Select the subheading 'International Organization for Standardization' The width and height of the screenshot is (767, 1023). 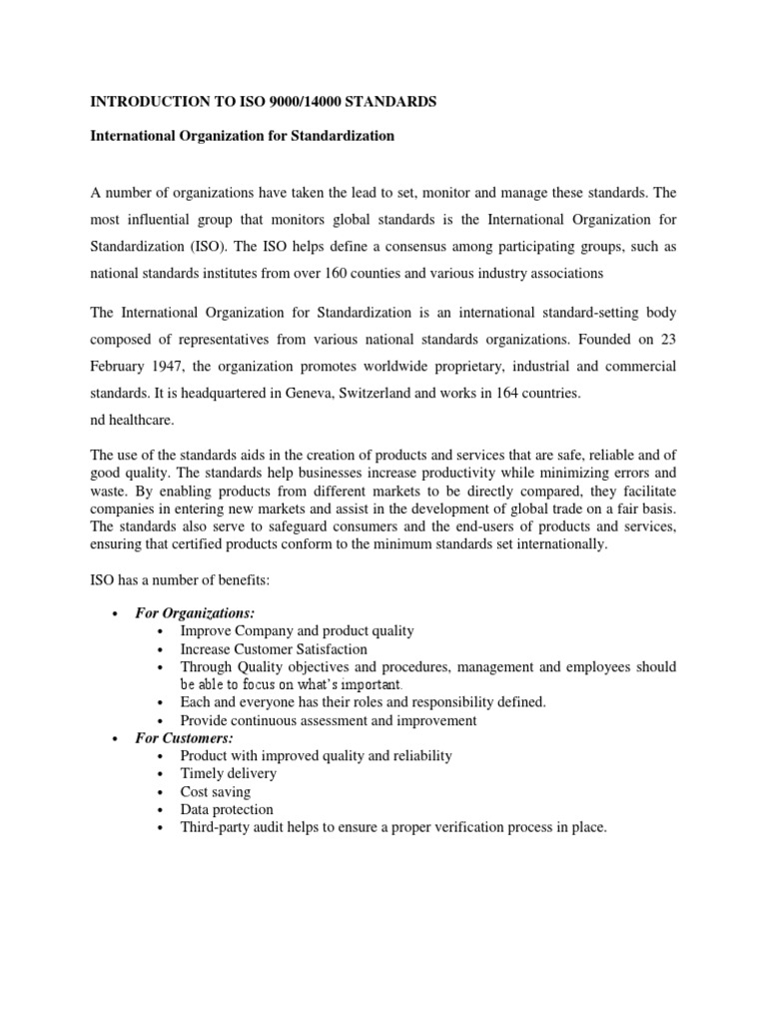point(243,136)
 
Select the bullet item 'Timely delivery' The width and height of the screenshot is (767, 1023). point(229,773)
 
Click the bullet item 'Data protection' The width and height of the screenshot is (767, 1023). point(227,809)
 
